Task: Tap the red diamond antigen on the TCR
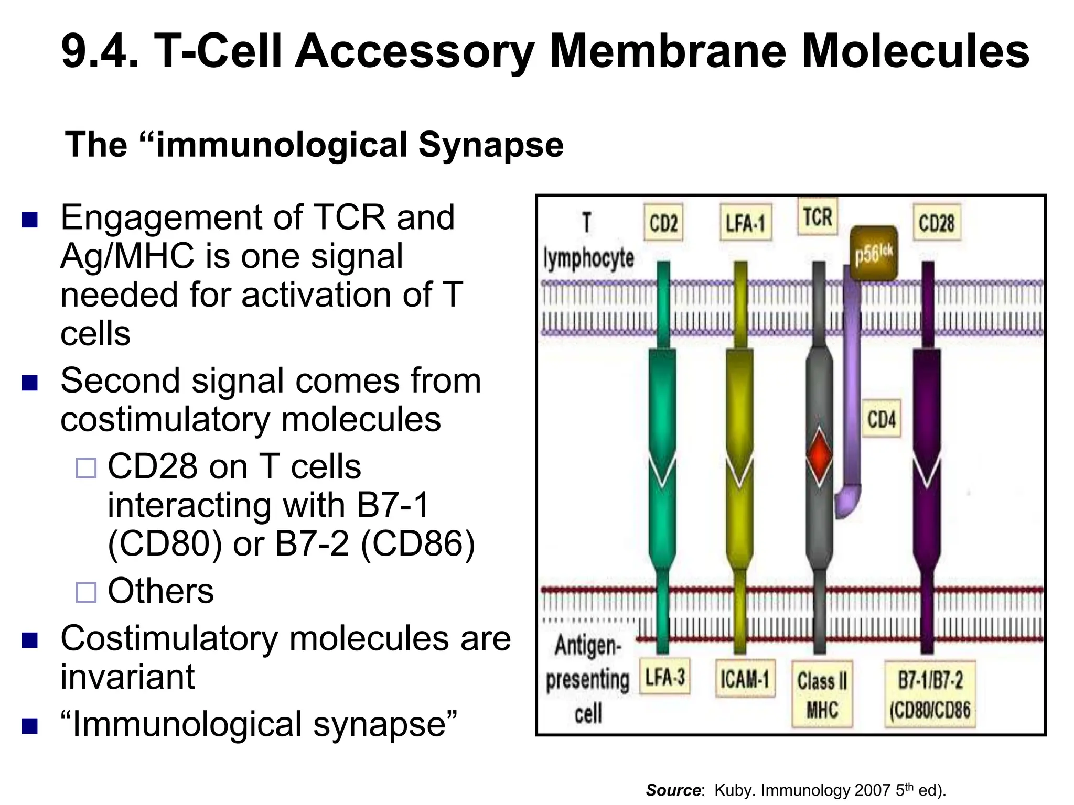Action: [x=819, y=455]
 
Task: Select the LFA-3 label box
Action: [x=665, y=678]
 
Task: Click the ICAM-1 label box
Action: [x=745, y=680]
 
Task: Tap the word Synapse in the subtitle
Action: [x=491, y=145]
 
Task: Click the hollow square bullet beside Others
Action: [x=86, y=592]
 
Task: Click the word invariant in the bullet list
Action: [x=127, y=677]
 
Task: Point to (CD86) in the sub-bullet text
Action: [x=418, y=543]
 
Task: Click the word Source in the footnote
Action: [x=673, y=790]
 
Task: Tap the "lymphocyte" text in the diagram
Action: [x=588, y=258]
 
